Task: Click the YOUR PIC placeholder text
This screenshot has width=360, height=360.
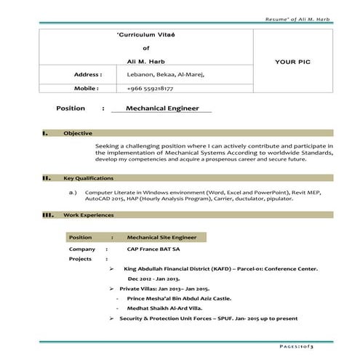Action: (x=293, y=62)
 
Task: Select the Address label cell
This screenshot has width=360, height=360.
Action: (x=87, y=74)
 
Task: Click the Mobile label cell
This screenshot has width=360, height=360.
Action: (x=86, y=88)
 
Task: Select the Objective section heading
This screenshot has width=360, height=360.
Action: (x=77, y=134)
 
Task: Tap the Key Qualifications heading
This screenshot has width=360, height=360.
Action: (x=88, y=178)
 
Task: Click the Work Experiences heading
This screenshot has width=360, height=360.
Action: (x=88, y=215)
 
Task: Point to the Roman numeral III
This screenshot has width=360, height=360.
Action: (x=47, y=215)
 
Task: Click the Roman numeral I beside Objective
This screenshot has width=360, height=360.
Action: (x=46, y=134)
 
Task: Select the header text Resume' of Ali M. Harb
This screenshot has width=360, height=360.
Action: (x=299, y=17)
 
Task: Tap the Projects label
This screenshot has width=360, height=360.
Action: (x=81, y=259)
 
